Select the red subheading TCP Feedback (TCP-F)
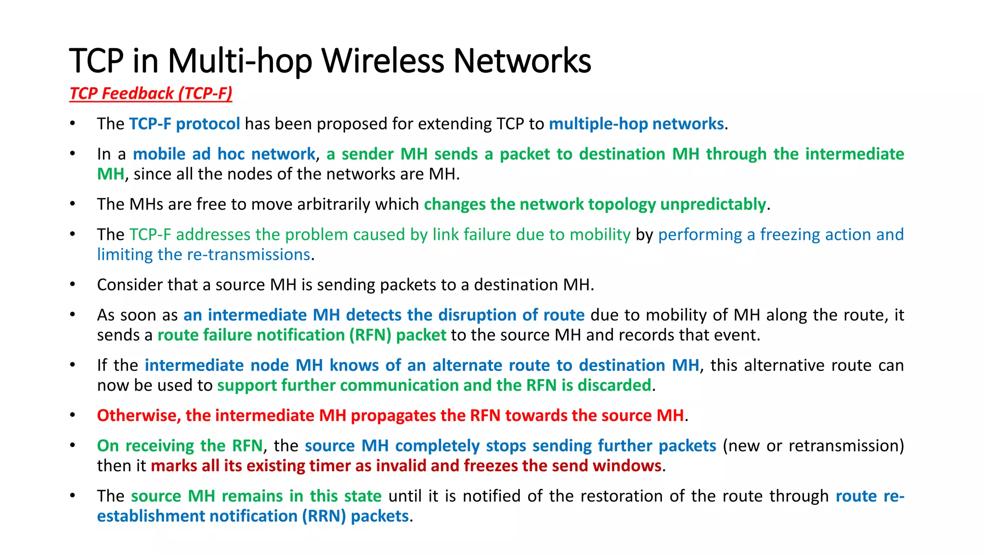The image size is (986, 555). click(x=151, y=93)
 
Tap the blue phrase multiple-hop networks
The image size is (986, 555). click(x=636, y=124)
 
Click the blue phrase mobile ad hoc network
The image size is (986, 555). click(x=224, y=154)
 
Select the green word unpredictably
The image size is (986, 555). click(x=713, y=204)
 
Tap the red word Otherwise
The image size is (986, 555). click(x=139, y=415)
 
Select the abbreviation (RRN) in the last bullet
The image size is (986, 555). click(x=324, y=516)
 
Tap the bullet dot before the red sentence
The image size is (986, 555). click(x=73, y=415)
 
